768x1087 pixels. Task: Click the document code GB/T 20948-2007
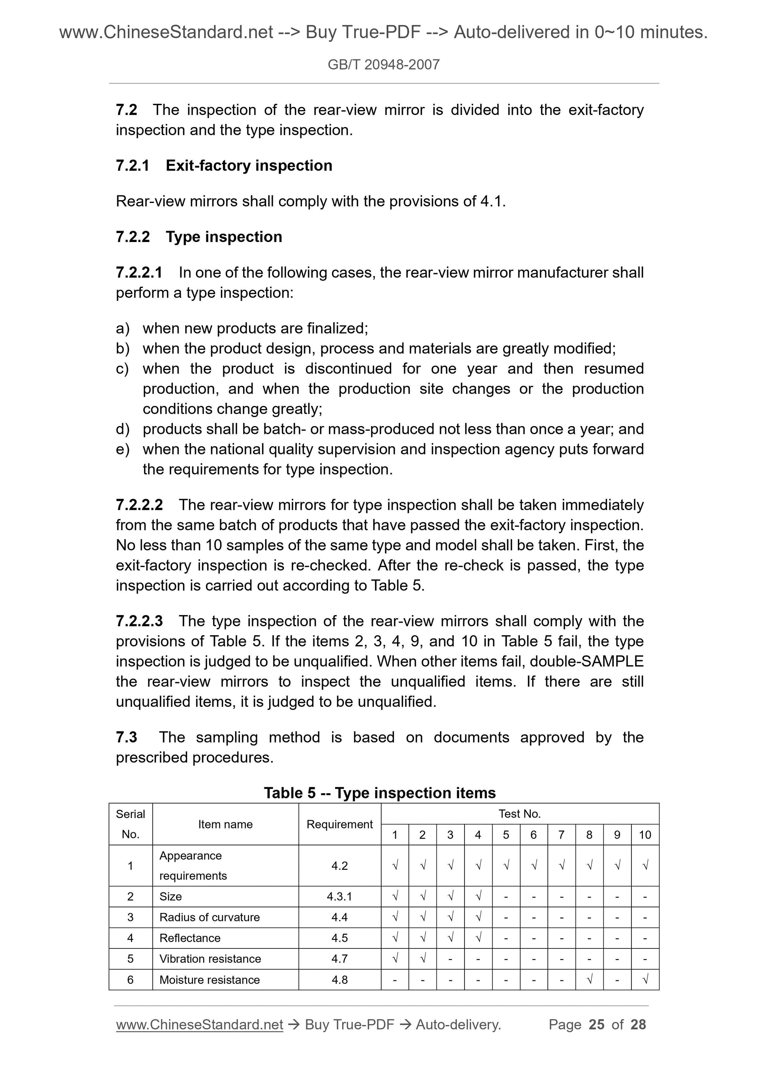[x=383, y=64]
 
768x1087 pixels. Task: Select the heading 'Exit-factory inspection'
[x=249, y=166]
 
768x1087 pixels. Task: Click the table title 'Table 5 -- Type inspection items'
[x=380, y=793]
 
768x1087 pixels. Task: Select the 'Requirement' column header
[x=339, y=824]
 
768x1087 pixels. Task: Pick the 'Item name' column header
[x=225, y=824]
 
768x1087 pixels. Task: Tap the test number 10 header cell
[x=644, y=835]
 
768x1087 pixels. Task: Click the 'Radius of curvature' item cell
[x=209, y=917]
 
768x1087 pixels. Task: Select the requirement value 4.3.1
[x=339, y=896]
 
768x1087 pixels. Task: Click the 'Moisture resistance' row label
[x=209, y=980]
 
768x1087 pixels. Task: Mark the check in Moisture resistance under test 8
[x=589, y=980]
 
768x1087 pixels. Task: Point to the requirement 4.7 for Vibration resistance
[x=339, y=959]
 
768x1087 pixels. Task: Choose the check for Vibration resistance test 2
[x=423, y=959]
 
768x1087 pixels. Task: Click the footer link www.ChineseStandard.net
[x=199, y=1025]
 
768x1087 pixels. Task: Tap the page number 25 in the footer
[x=596, y=1025]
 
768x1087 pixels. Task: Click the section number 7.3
[x=126, y=738]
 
